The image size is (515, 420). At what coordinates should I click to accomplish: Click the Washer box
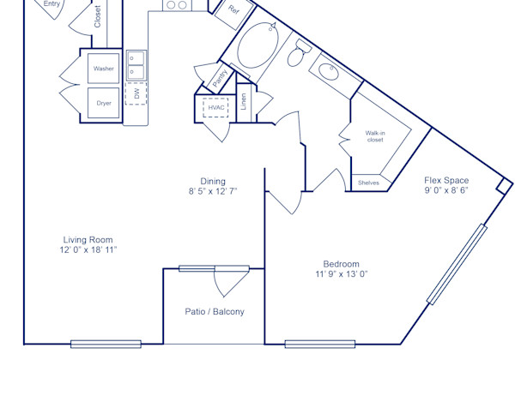click(x=104, y=69)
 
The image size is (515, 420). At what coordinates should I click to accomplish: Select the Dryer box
click(x=104, y=103)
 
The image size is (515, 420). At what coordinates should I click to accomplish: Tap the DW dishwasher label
click(x=136, y=93)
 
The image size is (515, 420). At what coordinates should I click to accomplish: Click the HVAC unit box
click(x=215, y=108)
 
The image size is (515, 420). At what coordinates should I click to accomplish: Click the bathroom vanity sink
click(x=328, y=71)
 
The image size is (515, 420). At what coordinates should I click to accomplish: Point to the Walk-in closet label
click(x=375, y=136)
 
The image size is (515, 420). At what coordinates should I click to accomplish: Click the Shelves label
click(x=368, y=183)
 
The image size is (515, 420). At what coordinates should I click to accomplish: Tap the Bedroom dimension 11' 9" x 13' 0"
click(x=341, y=274)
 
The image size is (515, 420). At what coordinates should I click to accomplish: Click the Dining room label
click(x=213, y=181)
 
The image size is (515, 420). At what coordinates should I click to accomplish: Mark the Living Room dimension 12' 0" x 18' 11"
click(x=88, y=250)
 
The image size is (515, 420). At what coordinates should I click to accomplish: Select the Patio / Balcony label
click(x=214, y=312)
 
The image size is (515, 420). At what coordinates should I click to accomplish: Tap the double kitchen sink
click(x=136, y=64)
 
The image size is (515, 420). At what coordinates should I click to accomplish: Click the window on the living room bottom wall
click(x=106, y=345)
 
